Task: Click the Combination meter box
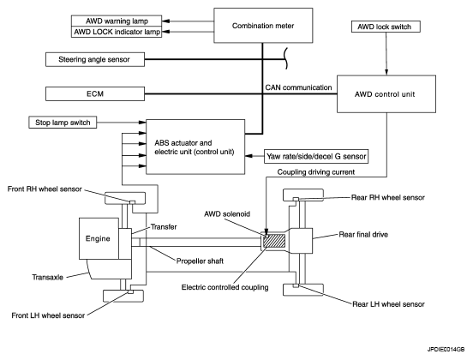tap(263, 26)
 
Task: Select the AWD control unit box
tap(386, 94)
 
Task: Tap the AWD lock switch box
tap(386, 27)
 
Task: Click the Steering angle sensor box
tap(95, 59)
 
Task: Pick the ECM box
tap(95, 93)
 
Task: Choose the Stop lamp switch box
tap(63, 123)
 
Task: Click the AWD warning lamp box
tap(117, 21)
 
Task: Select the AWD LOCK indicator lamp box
tap(117, 32)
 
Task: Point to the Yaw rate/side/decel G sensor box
tap(316, 156)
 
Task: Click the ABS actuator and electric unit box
tap(195, 147)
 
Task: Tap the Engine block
tap(99, 238)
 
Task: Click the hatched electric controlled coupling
tap(274, 241)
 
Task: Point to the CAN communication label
tap(298, 87)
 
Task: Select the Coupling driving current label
tap(316, 172)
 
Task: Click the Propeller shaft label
tap(200, 261)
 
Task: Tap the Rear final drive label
tap(363, 235)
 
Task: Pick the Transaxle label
tap(48, 277)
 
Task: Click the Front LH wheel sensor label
tap(48, 315)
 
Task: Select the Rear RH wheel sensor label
tap(388, 197)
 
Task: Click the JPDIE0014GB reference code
tap(446, 350)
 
